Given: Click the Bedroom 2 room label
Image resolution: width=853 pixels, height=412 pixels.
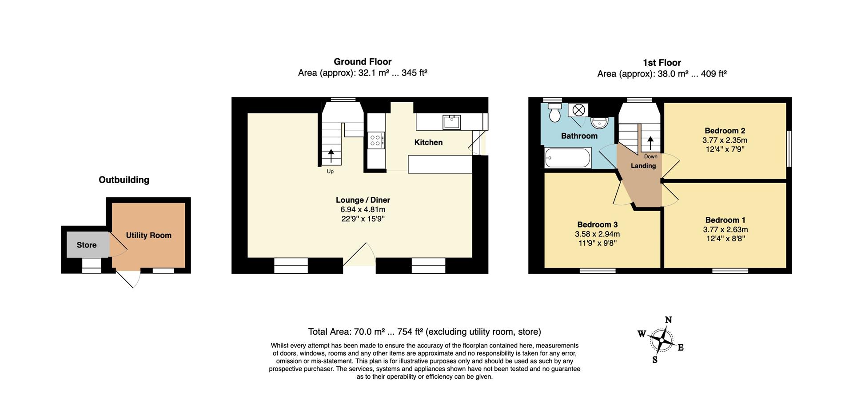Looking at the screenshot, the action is pyautogui.click(x=725, y=131).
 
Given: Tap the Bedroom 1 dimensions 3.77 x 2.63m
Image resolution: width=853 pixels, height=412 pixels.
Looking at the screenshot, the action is pyautogui.click(x=725, y=229).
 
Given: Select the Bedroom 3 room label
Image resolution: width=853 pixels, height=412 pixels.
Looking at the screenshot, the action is pyautogui.click(x=597, y=224).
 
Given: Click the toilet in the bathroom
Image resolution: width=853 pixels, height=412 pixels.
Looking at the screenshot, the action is pyautogui.click(x=554, y=113).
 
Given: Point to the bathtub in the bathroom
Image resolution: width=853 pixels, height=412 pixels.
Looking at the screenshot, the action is pyautogui.click(x=568, y=158).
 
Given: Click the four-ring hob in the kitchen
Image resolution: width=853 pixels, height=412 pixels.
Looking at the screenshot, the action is pyautogui.click(x=375, y=140).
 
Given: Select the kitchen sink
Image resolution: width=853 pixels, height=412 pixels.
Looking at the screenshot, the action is pyautogui.click(x=451, y=121).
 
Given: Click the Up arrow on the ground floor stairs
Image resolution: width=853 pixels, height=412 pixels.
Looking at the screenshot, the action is pyautogui.click(x=331, y=157).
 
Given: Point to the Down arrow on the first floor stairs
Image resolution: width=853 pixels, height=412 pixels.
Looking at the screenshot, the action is pyautogui.click(x=650, y=144).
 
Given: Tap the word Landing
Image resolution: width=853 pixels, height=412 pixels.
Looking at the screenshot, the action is pyautogui.click(x=643, y=166).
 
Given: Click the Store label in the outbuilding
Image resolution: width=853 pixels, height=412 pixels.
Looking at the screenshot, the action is pyautogui.click(x=87, y=245).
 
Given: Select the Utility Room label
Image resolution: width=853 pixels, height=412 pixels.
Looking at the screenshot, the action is pyautogui.click(x=148, y=235).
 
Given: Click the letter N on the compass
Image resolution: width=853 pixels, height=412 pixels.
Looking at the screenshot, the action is pyautogui.click(x=668, y=320).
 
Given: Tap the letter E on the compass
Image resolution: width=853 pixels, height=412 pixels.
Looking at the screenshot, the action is pyautogui.click(x=680, y=348).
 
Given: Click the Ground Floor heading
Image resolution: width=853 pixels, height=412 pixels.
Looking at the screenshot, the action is pyautogui.click(x=363, y=62).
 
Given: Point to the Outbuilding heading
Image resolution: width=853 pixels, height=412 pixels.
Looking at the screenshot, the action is pyautogui.click(x=124, y=180).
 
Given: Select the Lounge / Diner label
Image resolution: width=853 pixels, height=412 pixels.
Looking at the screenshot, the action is pyautogui.click(x=363, y=200).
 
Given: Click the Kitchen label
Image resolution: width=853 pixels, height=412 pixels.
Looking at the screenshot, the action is pyautogui.click(x=428, y=142).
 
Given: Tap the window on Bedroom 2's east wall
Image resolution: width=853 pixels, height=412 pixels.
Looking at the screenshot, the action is pyautogui.click(x=789, y=148).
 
